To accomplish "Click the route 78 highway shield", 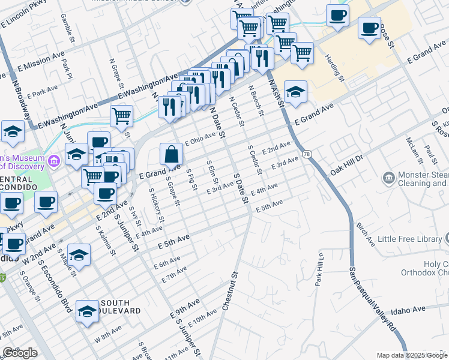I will point(307,154).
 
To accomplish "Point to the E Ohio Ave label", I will point(200,139).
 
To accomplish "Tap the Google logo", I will point(20,353).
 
